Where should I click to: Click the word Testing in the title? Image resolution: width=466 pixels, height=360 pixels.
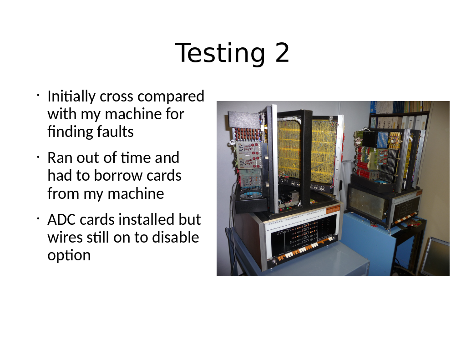click(x=220, y=53)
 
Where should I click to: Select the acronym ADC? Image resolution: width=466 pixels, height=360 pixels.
click(x=61, y=220)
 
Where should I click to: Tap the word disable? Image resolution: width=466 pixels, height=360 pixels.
click(x=176, y=237)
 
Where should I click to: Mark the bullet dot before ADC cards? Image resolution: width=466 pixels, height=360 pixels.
click(x=38, y=219)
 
